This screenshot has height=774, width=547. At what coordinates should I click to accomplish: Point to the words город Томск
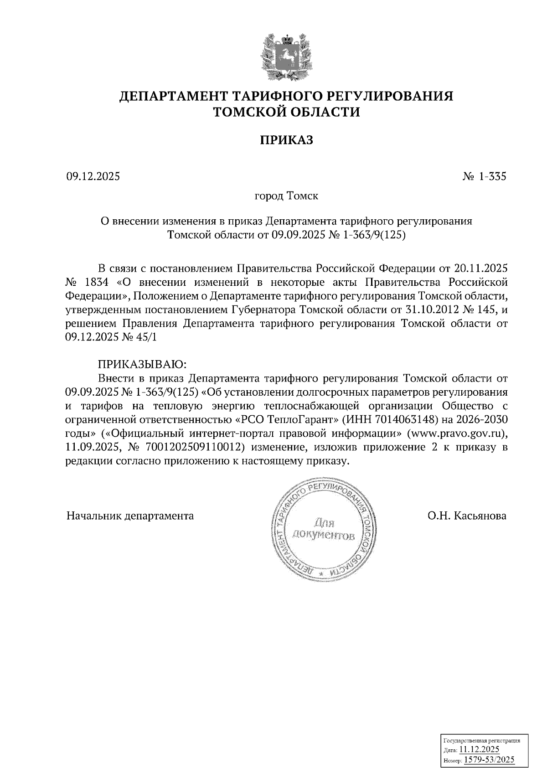286,196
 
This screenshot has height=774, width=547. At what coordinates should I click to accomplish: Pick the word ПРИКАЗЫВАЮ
142,364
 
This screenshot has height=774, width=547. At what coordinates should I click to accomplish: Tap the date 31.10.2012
432,310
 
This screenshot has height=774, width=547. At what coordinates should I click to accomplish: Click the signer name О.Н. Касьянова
467,516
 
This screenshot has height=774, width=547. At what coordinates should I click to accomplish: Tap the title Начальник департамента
130,516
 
